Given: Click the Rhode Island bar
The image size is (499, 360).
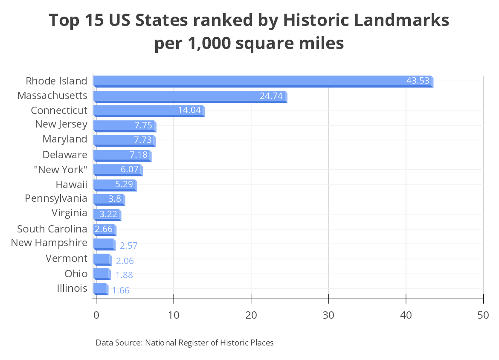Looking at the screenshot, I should point(256,81).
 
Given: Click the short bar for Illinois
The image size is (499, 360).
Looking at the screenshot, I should point(100,289).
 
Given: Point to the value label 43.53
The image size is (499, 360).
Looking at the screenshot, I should point(418,81).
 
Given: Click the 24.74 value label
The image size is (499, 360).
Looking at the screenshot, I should point(271,96).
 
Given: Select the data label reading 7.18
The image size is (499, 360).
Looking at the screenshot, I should point(138,155).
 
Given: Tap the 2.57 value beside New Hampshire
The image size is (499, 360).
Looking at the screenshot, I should point(129,246).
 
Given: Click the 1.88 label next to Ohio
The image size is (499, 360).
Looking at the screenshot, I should point(124,275).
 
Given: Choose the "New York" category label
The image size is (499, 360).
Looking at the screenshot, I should point(61,170).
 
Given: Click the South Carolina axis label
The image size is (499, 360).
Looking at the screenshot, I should point(52,229).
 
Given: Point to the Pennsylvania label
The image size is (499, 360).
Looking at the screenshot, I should point(56,198).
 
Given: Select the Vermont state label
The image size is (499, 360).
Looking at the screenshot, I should point(67,258).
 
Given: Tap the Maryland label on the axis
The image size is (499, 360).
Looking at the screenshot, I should point(65,139).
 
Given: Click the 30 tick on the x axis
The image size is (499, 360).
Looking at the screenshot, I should point(328,315).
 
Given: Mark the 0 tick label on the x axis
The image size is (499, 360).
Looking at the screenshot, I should point(96,315).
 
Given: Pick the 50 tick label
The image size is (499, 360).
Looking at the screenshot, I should point(483,315).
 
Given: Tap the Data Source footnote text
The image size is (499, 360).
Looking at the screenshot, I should point(185,343).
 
